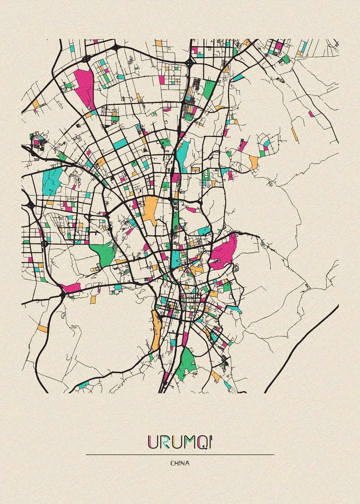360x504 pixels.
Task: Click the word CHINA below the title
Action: point(180,463)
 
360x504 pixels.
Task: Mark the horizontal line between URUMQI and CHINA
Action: point(180,454)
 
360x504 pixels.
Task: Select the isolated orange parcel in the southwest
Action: point(42,328)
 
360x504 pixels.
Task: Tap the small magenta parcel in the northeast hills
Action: point(311,113)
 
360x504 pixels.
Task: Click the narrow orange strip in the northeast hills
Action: point(294,134)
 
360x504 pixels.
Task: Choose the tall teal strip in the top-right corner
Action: point(303,47)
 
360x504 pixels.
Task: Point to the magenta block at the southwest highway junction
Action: point(70,288)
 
